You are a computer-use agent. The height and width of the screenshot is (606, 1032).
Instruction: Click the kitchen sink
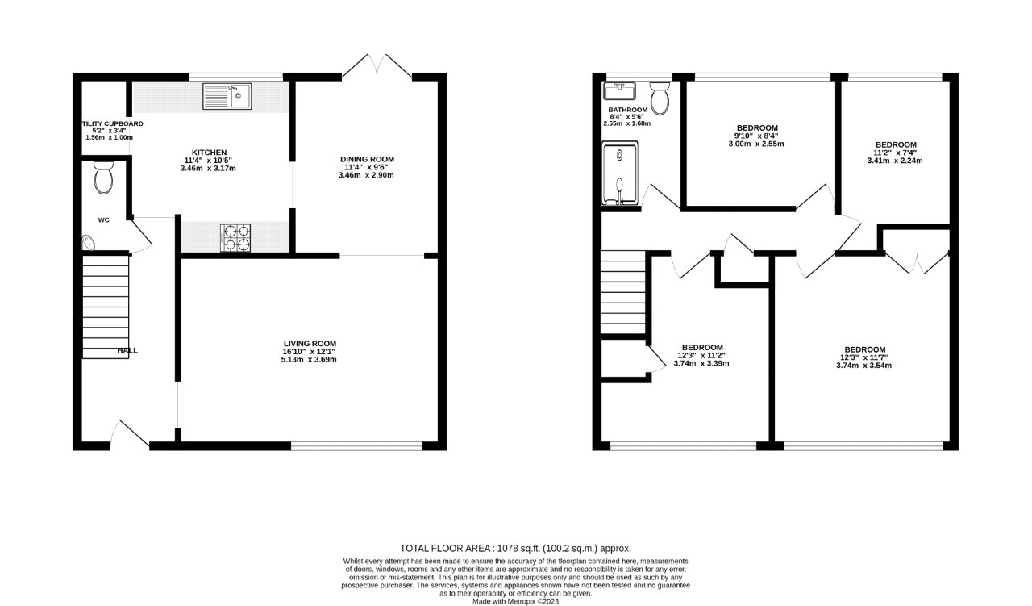227,96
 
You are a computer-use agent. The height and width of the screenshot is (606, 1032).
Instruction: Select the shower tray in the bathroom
619,173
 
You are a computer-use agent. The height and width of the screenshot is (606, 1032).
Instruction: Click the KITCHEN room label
208,153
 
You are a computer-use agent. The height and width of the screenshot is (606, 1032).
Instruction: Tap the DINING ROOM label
366,159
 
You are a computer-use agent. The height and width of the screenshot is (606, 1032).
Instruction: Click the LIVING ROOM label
309,343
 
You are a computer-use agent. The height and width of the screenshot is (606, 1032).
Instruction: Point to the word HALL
127,350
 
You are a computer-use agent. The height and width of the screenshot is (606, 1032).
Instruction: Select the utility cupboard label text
112,123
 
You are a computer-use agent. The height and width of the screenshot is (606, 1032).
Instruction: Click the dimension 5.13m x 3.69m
309,359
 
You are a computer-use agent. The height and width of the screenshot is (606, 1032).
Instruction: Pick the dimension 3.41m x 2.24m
895,160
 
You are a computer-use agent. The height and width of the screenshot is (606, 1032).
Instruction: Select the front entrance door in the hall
129,433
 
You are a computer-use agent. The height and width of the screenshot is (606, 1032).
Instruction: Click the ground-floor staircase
106,307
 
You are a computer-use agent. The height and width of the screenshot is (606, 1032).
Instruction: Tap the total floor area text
515,547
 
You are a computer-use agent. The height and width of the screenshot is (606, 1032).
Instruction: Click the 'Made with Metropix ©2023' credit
515,601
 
